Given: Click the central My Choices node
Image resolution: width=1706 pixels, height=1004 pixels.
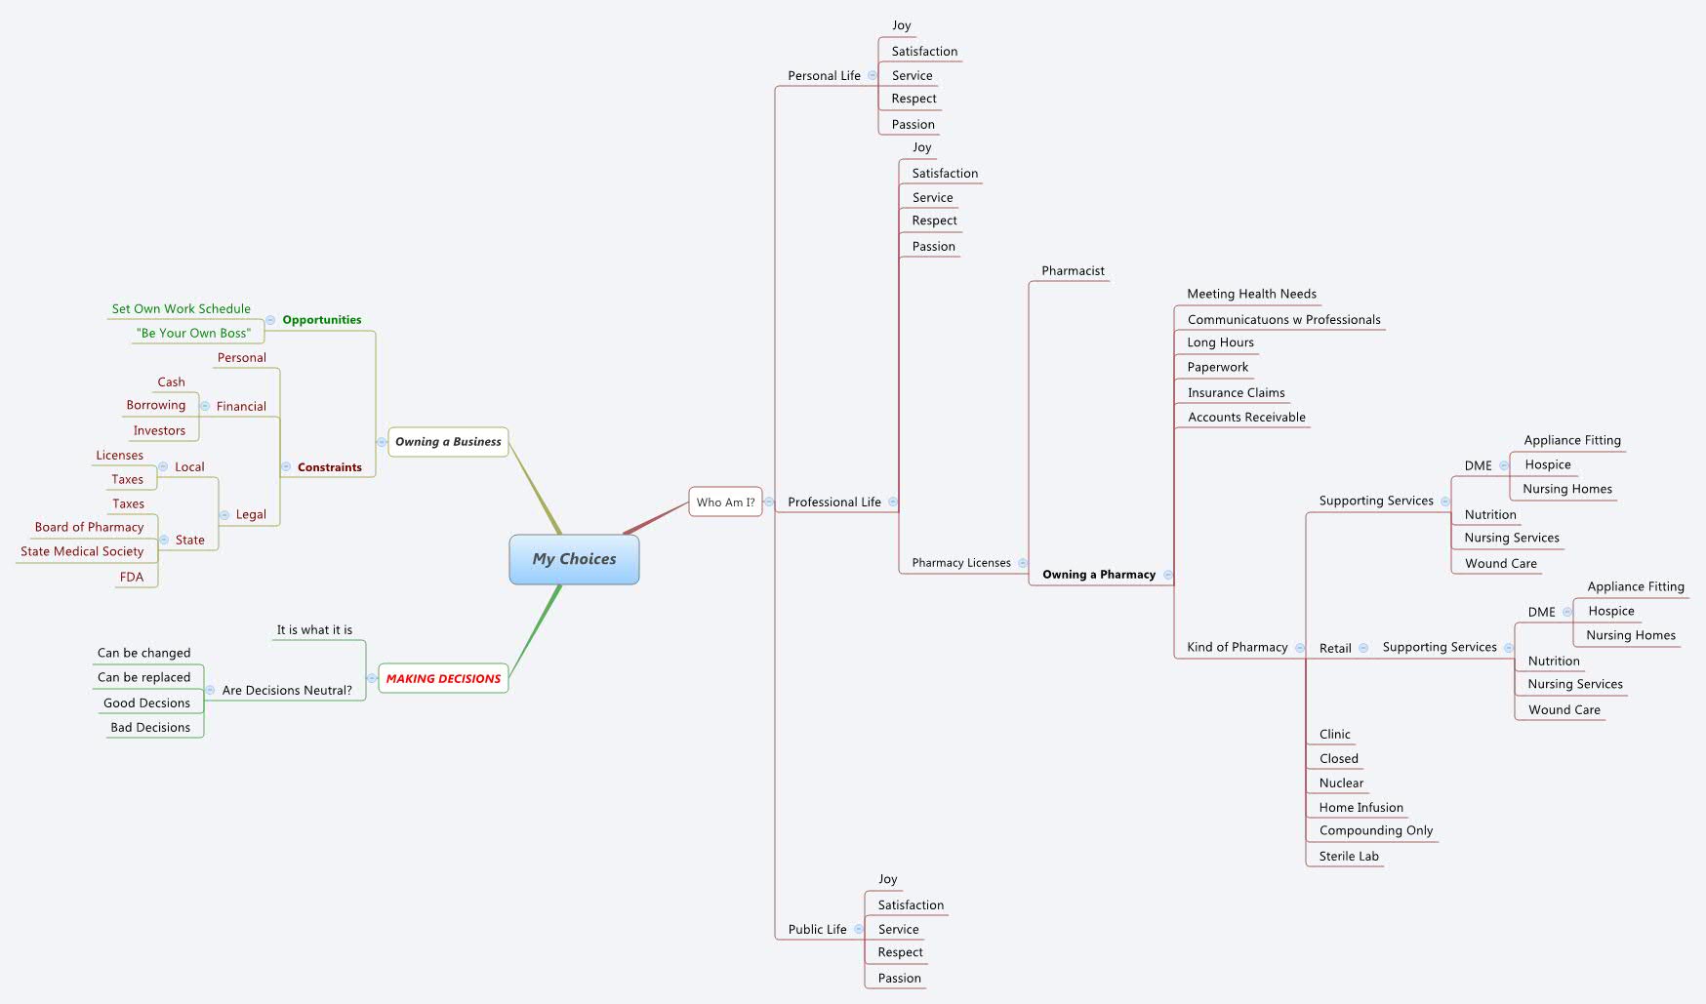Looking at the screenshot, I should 574,559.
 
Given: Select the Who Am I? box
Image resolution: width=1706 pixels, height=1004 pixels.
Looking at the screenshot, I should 725,502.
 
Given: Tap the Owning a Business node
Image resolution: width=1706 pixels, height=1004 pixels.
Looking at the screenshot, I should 448,442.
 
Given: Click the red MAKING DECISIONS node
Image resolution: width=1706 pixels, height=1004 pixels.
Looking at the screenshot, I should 443,678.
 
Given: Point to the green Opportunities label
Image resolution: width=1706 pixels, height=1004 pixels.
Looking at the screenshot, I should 321,320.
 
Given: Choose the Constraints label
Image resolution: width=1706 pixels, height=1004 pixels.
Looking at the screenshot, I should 329,467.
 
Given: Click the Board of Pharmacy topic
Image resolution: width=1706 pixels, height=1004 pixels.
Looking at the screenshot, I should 89,527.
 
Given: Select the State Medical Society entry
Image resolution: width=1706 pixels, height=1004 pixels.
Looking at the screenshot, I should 82,551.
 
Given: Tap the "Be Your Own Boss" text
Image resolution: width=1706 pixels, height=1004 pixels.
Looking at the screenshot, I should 193,333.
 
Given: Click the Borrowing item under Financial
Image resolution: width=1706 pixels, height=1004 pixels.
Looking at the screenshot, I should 155,405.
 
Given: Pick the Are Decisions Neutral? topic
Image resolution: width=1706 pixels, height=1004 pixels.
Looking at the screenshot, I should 287,690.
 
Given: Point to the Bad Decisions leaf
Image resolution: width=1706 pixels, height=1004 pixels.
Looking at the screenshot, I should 150,727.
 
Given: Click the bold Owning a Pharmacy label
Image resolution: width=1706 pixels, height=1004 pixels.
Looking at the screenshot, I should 1098,575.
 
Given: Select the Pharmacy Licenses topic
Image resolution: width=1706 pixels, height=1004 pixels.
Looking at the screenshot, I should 960,563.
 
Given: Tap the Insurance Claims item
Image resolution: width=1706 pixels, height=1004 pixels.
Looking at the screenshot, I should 1236,392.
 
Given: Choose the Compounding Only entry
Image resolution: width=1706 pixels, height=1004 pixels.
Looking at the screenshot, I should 1375,830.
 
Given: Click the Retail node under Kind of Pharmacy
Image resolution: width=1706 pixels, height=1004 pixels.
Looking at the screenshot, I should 1334,648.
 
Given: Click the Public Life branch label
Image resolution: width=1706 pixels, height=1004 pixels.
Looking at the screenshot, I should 817,929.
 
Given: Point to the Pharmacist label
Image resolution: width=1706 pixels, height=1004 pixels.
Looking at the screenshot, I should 1073,271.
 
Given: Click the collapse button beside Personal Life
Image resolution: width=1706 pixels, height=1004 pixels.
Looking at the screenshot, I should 873,75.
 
